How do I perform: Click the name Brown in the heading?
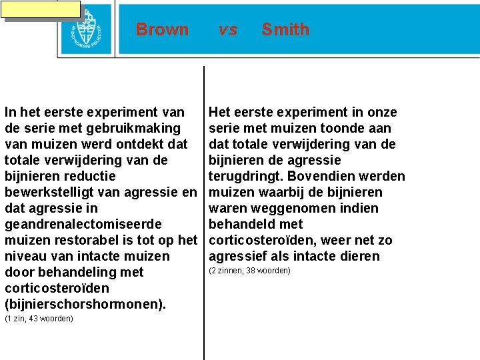click(162, 29)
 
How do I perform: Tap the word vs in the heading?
click(228, 29)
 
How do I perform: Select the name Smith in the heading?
click(285, 29)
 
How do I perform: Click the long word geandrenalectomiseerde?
click(83, 224)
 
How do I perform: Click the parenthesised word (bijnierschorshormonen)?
click(85, 304)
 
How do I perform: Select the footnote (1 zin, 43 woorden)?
click(39, 319)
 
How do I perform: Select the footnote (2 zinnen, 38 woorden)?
click(249, 271)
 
